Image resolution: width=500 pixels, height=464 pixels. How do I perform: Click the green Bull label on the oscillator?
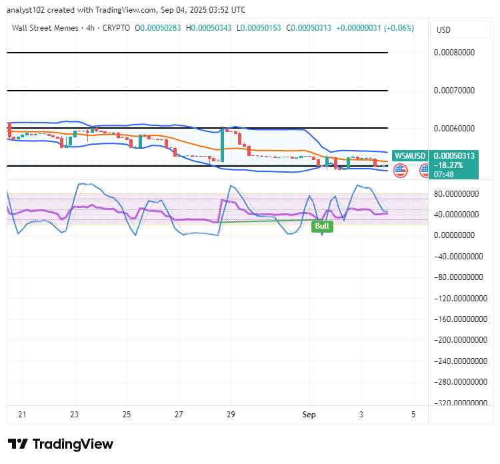[322, 226]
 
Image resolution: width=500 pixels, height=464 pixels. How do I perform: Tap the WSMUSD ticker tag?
[410, 155]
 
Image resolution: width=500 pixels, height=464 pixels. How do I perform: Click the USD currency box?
[460, 29]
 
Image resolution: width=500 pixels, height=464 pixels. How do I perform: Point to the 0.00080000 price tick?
[454, 52]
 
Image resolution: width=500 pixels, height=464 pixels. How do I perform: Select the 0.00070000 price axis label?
[454, 91]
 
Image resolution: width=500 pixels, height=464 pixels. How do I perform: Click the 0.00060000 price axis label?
[454, 129]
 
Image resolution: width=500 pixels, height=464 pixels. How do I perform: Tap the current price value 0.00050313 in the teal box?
[454, 156]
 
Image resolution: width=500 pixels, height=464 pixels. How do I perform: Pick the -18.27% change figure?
[448, 165]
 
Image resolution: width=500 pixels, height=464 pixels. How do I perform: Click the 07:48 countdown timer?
[443, 175]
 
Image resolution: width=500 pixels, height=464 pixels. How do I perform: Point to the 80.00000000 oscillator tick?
[456, 194]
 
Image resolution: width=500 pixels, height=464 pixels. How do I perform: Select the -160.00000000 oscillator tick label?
[461, 319]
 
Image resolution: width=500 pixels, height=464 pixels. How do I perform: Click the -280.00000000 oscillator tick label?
[461, 382]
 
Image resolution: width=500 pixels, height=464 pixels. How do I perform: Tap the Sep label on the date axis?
[309, 415]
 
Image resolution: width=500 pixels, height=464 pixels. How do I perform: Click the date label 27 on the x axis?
[179, 415]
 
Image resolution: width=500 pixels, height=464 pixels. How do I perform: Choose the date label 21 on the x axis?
[22, 415]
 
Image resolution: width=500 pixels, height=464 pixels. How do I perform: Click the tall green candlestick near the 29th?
[222, 144]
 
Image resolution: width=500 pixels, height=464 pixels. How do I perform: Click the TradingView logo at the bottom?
[61, 444]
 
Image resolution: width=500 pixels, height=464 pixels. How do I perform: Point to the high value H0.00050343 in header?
[209, 28]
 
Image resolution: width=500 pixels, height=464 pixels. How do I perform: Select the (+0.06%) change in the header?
[399, 28]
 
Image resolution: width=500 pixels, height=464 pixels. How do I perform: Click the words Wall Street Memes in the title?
[45, 28]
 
